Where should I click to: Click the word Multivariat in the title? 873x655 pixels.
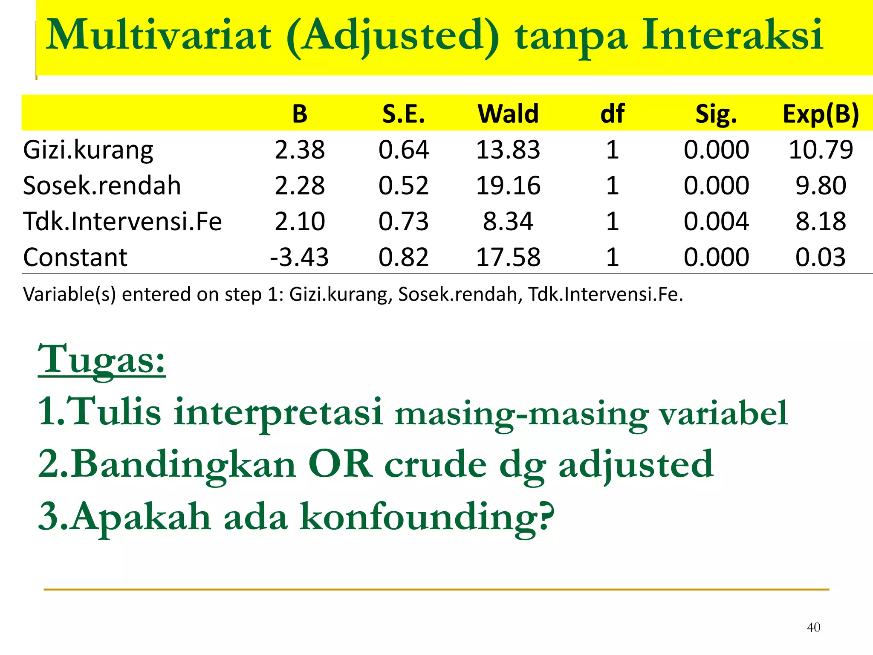click(x=158, y=35)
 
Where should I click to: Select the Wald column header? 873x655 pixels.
click(x=508, y=114)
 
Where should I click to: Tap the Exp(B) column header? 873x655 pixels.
click(x=821, y=114)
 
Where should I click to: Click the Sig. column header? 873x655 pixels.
click(x=716, y=114)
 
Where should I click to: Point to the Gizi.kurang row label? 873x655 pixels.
click(x=88, y=150)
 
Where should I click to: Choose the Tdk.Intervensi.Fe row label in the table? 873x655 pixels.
click(x=122, y=221)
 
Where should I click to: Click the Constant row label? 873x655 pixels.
click(x=75, y=257)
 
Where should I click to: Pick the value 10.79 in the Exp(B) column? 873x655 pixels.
click(x=821, y=150)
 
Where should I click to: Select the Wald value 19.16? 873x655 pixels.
click(x=508, y=185)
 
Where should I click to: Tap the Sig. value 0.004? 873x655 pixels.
click(x=716, y=221)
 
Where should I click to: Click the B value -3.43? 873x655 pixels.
click(x=299, y=257)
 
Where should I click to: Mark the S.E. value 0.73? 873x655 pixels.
click(x=404, y=221)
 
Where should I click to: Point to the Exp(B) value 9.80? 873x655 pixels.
click(x=821, y=185)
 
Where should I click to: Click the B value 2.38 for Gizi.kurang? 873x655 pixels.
click(x=300, y=150)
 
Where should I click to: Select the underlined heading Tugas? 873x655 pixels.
click(x=101, y=359)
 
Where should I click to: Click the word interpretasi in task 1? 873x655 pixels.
click(x=278, y=412)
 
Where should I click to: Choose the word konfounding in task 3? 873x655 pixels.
click(x=426, y=516)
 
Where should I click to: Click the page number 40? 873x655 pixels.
click(x=813, y=627)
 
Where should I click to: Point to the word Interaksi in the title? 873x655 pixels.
click(x=732, y=35)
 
